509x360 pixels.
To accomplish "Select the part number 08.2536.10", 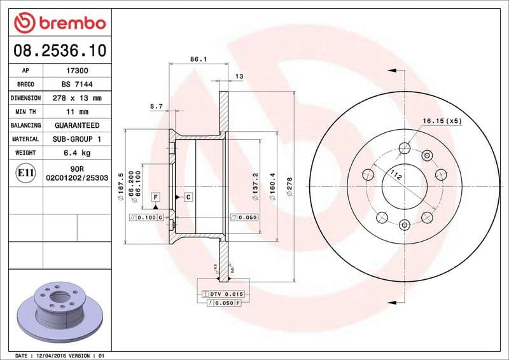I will click(57, 50).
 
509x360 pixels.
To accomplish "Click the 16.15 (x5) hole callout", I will click(442, 120).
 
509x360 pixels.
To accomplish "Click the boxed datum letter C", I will click(188, 197).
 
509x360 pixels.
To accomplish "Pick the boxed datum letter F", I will click(155, 197).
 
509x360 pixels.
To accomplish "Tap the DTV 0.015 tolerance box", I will click(226, 294).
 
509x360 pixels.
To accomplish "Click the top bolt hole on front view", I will click(404, 149).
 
